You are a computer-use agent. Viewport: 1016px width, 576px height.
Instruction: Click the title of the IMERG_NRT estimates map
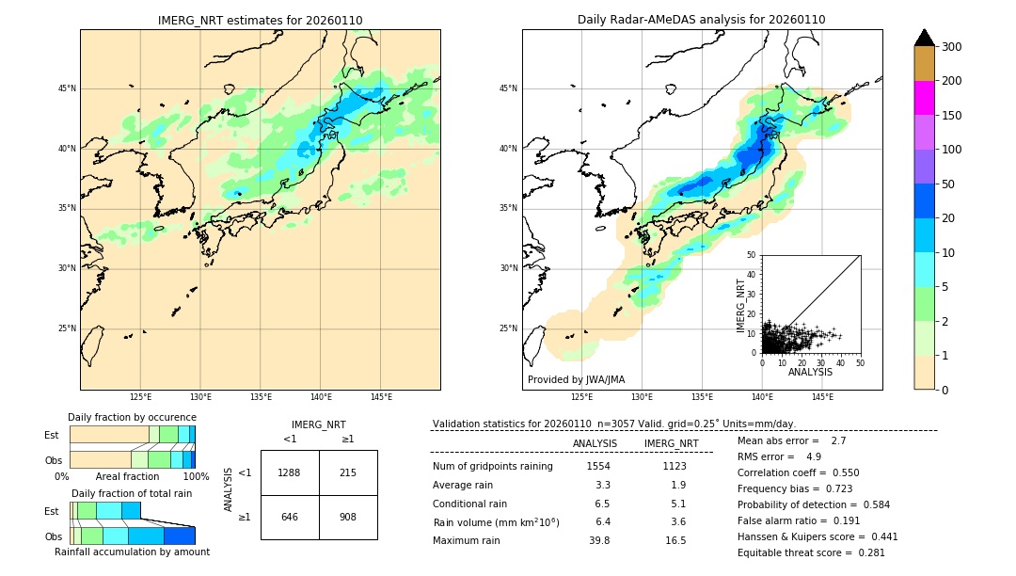pos(260,20)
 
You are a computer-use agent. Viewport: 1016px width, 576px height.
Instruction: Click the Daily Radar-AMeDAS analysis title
pos(702,20)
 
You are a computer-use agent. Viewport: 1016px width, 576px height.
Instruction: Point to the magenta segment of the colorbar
pos(925,98)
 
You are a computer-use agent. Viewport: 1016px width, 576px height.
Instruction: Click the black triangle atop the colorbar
pos(925,38)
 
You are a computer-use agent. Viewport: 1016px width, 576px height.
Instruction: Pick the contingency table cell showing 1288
pos(290,472)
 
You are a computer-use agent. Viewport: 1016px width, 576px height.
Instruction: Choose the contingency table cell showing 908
pos(348,517)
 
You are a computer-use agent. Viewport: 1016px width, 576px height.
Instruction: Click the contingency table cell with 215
pos(348,472)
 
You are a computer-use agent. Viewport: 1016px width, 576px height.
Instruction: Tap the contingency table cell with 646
pos(290,517)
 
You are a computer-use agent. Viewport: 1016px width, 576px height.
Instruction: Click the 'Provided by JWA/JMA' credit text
pos(576,380)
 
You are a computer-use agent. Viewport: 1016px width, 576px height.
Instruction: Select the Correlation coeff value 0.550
pos(838,472)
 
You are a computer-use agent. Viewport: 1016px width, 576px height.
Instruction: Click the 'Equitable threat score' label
pos(794,552)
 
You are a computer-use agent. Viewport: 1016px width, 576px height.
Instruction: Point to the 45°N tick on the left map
pos(66,88)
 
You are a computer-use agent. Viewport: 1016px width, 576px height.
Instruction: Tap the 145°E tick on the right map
pos(822,397)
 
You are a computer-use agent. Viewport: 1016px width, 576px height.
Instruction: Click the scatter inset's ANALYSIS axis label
pos(810,372)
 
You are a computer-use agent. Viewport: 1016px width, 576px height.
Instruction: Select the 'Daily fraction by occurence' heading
pos(132,417)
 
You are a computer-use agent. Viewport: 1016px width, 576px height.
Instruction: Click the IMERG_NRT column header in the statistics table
pos(671,443)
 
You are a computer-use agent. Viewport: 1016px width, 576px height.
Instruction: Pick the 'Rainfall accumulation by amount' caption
pos(132,552)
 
